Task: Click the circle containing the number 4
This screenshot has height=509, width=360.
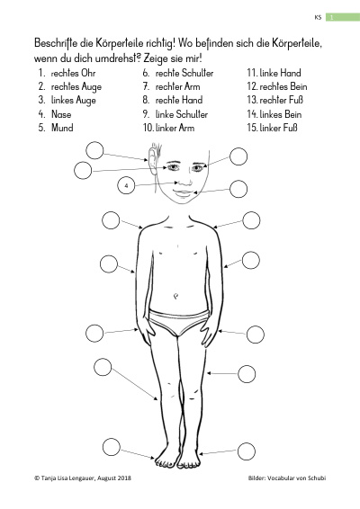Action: tap(126, 185)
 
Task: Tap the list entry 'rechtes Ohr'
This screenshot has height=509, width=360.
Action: tap(73, 73)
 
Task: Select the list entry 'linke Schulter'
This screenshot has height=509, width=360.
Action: tap(181, 114)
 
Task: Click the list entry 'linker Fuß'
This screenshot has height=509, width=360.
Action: tap(278, 128)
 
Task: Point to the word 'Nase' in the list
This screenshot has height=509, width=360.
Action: tap(61, 114)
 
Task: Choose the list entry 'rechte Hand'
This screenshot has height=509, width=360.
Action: tap(179, 100)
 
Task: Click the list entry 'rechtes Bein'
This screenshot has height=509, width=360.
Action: tap(283, 86)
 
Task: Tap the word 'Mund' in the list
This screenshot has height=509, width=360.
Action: tap(62, 128)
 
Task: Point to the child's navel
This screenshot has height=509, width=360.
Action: tap(175, 296)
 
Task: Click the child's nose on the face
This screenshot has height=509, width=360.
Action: tap(184, 181)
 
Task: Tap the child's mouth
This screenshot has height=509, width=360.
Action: tap(184, 192)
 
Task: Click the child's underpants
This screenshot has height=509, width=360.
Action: tap(178, 321)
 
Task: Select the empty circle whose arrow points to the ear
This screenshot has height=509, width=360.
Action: tap(94, 150)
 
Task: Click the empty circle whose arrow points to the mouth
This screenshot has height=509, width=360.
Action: tap(238, 189)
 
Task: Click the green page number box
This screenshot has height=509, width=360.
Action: tap(343, 17)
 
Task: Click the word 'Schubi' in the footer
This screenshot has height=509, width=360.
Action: tap(317, 478)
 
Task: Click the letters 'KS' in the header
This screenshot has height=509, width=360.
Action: tap(318, 17)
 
